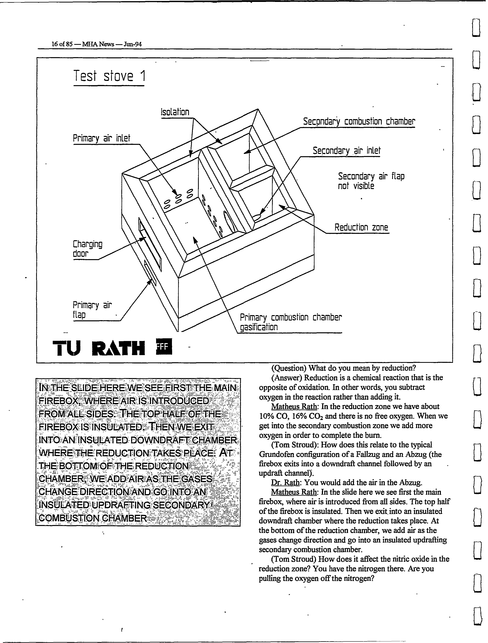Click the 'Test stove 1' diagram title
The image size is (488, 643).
click(x=109, y=76)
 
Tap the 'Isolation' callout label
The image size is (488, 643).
click(x=175, y=112)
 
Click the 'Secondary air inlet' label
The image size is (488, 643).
click(x=347, y=151)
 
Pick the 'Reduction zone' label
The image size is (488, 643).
click(x=361, y=227)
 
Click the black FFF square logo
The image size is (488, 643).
click(x=164, y=346)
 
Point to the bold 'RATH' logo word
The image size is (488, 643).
click(x=118, y=348)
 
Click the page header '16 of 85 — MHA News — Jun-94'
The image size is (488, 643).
click(x=97, y=44)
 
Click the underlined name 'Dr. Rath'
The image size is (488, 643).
click(x=285, y=483)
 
